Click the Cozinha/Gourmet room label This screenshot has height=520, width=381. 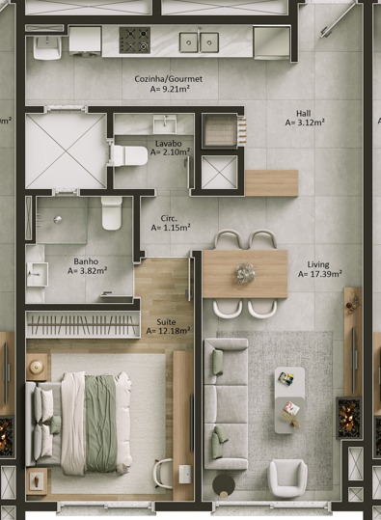point(169,79)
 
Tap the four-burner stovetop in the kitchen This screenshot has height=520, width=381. point(135,40)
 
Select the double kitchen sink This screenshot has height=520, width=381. point(199,42)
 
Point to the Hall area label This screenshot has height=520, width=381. point(304,114)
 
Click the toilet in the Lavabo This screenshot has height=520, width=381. point(128,155)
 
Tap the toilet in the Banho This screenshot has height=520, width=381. point(112,212)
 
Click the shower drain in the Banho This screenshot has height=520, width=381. point(58,219)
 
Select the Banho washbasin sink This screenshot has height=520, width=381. point(38,274)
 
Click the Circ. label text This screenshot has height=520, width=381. point(169,219)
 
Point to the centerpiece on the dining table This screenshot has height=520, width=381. point(245,273)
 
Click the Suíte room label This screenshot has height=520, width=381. point(167,322)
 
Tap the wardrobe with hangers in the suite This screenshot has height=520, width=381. point(83,325)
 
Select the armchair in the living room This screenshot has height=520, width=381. point(287,477)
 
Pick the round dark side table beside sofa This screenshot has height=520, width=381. point(224,485)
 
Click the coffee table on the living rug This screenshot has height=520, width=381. point(289,400)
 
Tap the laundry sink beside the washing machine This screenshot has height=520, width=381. point(47,47)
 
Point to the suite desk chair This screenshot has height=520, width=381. point(163,474)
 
